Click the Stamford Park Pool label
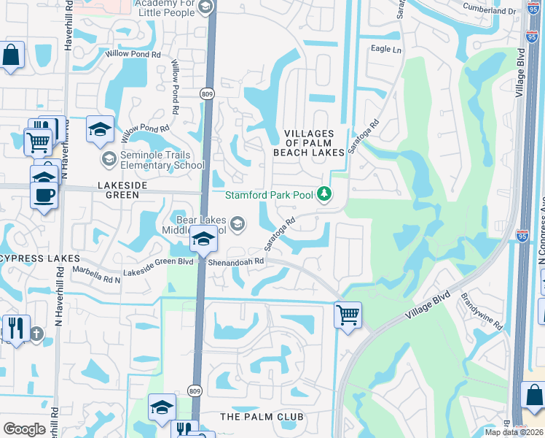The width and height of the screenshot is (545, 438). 268,195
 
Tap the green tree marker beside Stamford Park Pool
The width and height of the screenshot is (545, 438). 325,194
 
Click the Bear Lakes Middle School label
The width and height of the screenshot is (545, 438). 202,224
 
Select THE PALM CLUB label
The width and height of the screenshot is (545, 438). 261,416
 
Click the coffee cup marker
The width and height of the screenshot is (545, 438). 44,195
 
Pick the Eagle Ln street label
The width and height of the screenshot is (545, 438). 386,49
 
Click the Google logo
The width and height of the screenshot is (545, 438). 25,429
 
